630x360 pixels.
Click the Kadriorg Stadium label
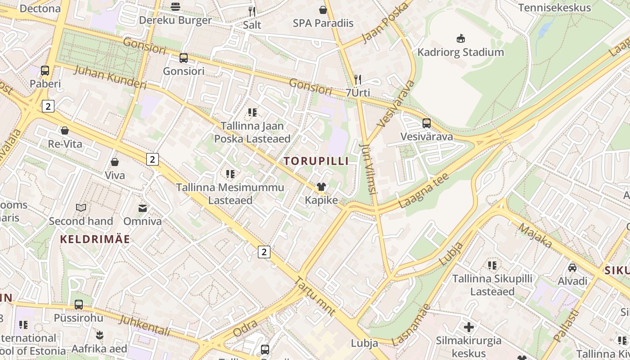[460, 52]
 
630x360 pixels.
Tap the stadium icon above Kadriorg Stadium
[460, 38]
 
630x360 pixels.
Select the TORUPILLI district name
[316, 161]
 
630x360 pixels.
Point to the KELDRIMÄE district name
[95, 239]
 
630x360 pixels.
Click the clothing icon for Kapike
[321, 187]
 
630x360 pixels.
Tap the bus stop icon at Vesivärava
[426, 123]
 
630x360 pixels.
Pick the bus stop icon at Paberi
[45, 70]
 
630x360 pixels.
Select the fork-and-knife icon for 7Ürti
[358, 80]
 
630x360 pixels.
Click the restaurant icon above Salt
[252, 11]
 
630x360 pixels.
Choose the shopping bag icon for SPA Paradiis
[323, 9]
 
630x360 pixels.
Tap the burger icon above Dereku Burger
[175, 6]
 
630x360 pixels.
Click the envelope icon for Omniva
[143, 208]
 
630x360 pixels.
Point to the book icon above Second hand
[81, 207]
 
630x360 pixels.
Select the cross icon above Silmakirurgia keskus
[469, 327]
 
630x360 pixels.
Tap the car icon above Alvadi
[572, 268]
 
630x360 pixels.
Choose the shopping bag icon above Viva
[115, 162]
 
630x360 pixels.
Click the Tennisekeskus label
[554, 8]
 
